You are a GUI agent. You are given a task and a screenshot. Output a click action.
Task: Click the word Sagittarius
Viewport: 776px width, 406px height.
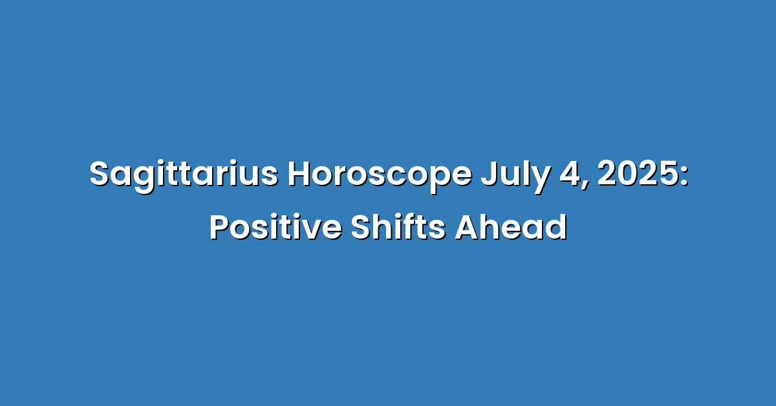point(184,175)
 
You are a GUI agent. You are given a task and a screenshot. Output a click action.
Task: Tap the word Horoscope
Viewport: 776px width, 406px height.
point(380,175)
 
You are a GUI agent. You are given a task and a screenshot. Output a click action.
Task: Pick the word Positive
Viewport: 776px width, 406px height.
point(275,228)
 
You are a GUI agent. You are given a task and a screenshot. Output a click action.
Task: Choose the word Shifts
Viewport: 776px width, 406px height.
point(398,227)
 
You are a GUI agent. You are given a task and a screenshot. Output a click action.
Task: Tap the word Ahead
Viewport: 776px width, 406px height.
point(511,227)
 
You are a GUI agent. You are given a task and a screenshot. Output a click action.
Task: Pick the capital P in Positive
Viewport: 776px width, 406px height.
point(220,227)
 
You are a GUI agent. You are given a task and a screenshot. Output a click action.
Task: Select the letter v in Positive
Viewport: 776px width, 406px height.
point(308,230)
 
